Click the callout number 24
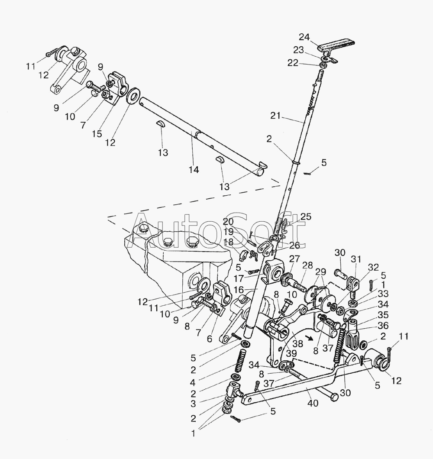(304, 37)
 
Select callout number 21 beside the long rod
(275, 116)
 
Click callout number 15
(97, 133)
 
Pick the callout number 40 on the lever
(313, 403)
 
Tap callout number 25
(306, 217)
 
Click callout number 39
(291, 353)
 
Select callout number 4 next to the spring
(193, 382)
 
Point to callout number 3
(193, 404)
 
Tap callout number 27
(295, 259)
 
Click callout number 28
(307, 265)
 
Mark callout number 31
(356, 259)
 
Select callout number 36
(383, 326)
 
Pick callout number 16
(239, 290)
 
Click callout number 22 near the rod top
(293, 63)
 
